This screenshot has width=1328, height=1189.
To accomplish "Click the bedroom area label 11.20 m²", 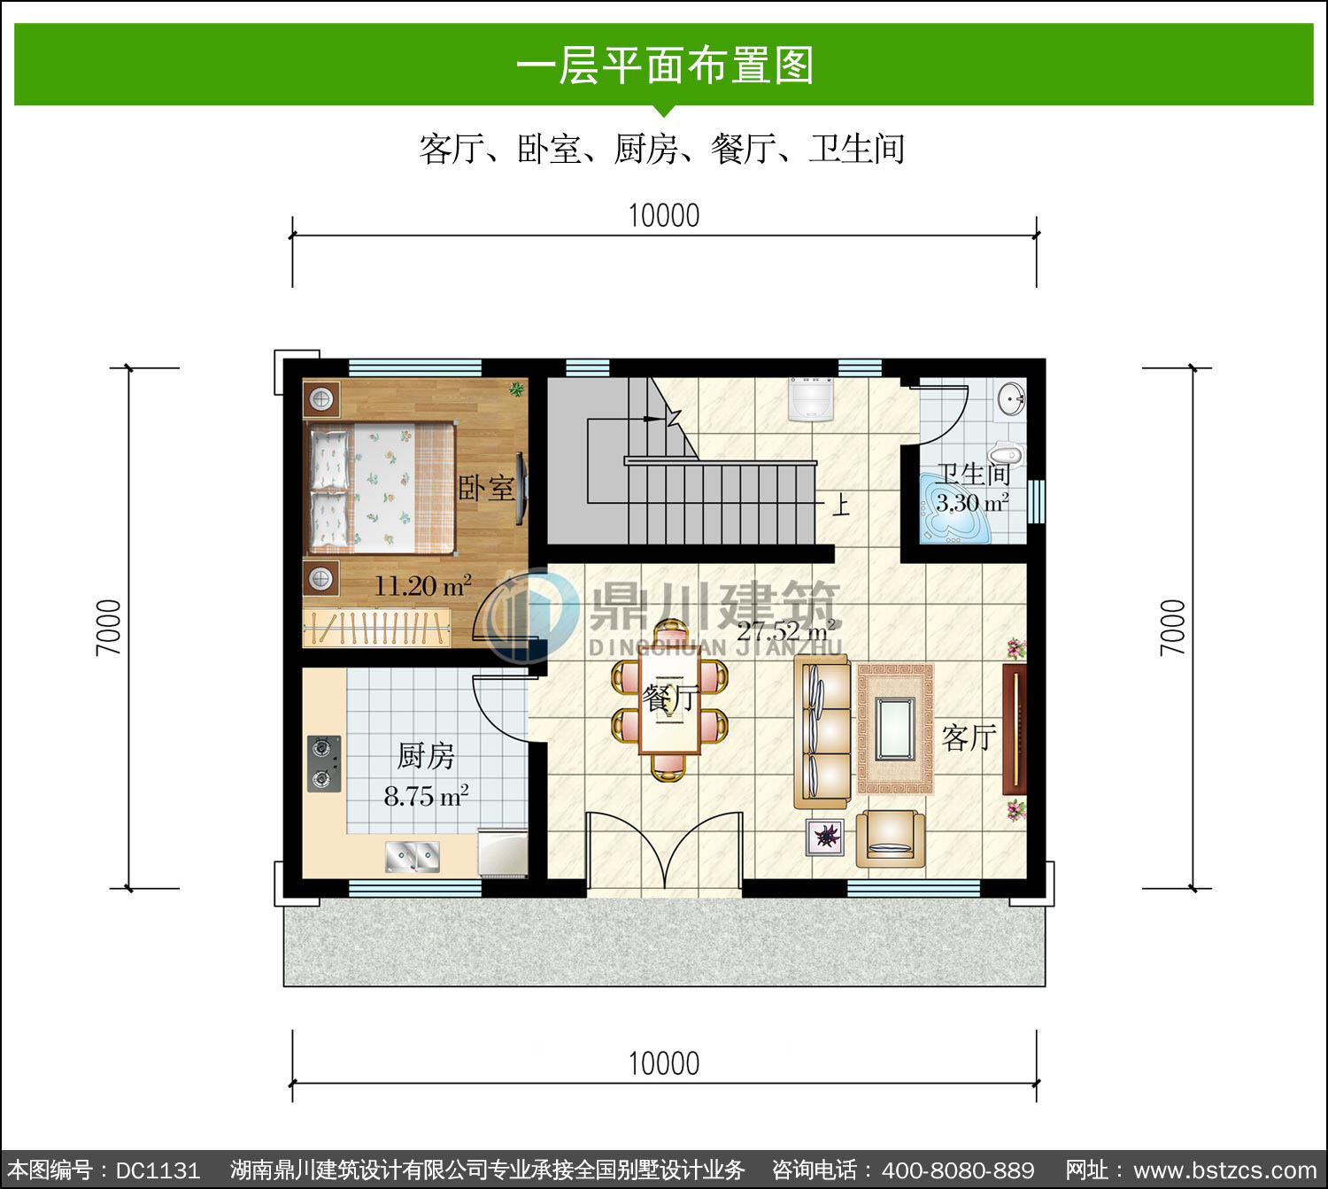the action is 423,585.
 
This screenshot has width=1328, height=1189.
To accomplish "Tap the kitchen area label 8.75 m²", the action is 426,796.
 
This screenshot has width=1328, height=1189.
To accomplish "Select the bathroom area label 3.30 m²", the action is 972,503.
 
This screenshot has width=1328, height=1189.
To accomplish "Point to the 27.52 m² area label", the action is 786,630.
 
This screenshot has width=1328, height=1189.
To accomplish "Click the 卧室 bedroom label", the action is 486,489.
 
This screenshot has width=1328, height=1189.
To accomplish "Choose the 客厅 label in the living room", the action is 969,738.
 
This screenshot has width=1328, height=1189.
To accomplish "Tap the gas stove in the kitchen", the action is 324,763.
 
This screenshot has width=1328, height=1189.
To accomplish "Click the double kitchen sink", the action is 413,857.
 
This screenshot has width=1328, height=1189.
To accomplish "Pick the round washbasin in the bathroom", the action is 1011,399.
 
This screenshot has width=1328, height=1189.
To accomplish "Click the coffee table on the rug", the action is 895,729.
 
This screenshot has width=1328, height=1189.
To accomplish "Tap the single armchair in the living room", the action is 890,838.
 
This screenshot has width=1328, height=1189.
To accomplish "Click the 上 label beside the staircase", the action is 840,505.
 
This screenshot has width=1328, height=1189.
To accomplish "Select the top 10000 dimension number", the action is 664,216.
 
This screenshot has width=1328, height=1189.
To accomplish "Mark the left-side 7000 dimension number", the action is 109,628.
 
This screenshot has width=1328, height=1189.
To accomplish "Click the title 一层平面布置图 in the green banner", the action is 665,66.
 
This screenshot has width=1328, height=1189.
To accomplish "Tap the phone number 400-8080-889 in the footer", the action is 958,1170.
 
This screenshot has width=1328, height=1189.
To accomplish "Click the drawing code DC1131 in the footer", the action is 158,1170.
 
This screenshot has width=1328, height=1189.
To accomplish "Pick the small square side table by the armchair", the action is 825,837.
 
